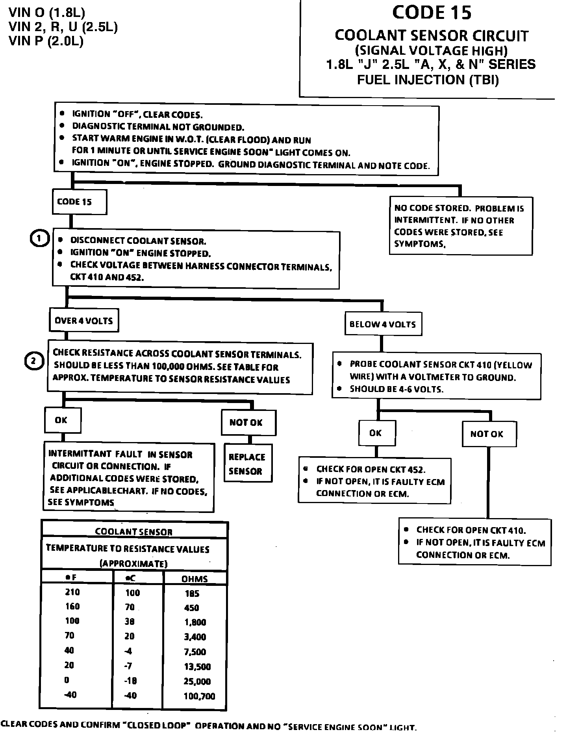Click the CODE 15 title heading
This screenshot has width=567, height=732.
pos(432,13)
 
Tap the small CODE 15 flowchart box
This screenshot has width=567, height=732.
pos(79,202)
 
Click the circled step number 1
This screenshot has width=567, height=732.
pos(39,239)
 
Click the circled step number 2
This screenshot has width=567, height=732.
pos(33,361)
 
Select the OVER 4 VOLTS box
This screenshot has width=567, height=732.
pos(83,321)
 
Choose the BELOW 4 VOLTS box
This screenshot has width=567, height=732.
pos(383,324)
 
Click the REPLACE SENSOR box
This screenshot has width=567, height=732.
pos(247,464)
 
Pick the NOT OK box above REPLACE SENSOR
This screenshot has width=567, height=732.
pos(248,423)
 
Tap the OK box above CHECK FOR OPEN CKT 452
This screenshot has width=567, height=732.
pos(376,433)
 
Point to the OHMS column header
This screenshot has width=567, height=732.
pos(195,579)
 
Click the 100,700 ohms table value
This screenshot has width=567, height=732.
pos(199,696)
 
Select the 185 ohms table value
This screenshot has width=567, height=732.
pos(192,593)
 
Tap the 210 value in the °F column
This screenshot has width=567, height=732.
pos(72,592)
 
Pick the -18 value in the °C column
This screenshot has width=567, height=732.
pos(130,681)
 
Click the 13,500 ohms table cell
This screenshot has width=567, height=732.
pos(197,667)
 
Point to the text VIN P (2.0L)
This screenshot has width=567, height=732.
pos(46,41)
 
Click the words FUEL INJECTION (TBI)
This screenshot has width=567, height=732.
pos(428,80)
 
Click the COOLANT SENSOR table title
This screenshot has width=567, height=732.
pos(134,532)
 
